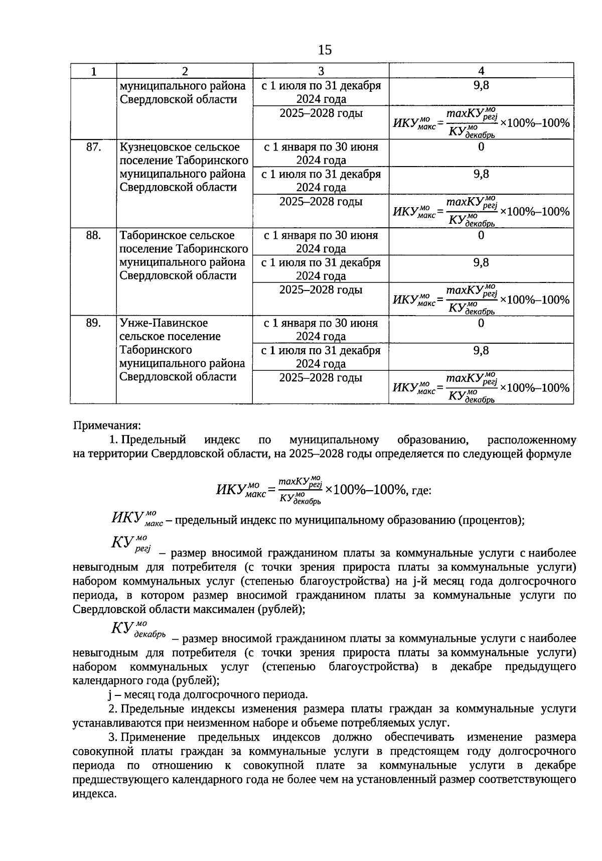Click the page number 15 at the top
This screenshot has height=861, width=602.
pos(325,50)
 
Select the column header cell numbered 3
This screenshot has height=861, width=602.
pos(321,71)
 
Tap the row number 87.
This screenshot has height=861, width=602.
pos(93,147)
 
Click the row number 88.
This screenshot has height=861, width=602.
pos(93,235)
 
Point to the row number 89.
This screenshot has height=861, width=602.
pos(93,323)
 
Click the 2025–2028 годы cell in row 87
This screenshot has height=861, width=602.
pos(321,202)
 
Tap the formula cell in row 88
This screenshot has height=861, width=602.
pos(481,299)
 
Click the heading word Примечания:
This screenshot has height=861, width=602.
pos(107,426)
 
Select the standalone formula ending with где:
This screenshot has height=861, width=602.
pos(323,489)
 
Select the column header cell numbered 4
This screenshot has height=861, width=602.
pos(481,71)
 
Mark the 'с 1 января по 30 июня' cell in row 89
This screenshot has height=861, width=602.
pos(321,329)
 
